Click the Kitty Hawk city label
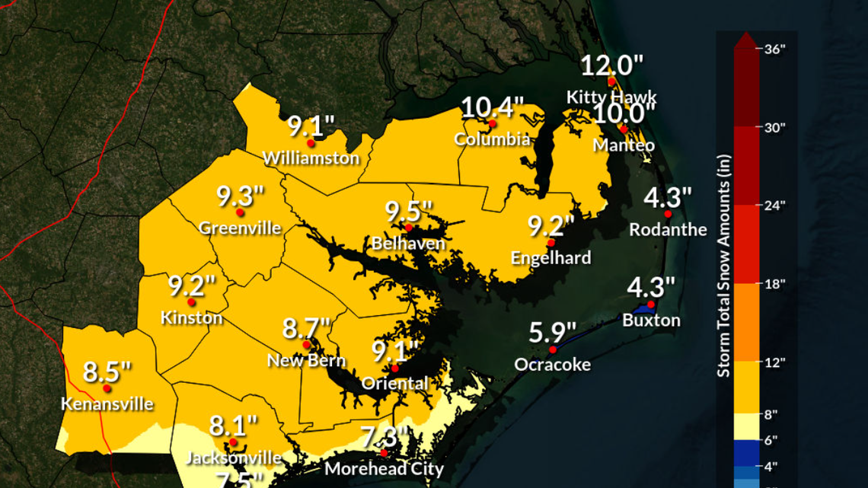tap(611, 97)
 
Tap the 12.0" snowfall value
tap(612, 65)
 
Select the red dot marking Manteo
tap(624, 129)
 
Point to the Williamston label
tap(311, 158)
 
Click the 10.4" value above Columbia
tap(493, 107)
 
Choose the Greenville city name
tap(240, 228)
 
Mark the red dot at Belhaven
tap(409, 228)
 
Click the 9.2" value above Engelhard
tap(550, 226)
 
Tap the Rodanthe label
tap(668, 229)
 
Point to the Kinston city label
tap(192, 317)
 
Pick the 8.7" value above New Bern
tap(307, 329)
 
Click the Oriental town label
tap(395, 383)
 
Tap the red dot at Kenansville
tap(107, 388)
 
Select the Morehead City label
tap(384, 468)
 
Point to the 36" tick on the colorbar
tap(774, 48)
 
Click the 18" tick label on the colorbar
tap(774, 284)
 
